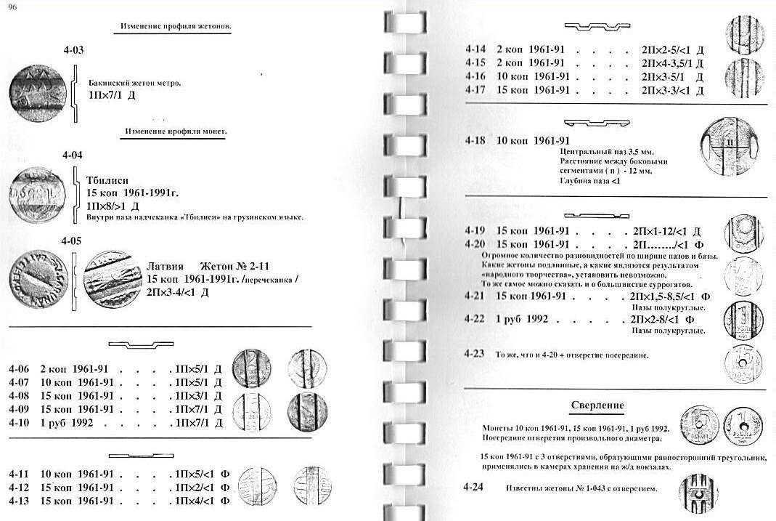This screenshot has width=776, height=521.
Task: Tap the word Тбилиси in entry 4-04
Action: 109,182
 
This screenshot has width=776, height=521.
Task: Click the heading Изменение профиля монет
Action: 176,132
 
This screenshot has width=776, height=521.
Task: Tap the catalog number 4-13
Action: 20,501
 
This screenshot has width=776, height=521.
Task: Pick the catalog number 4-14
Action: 476,50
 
